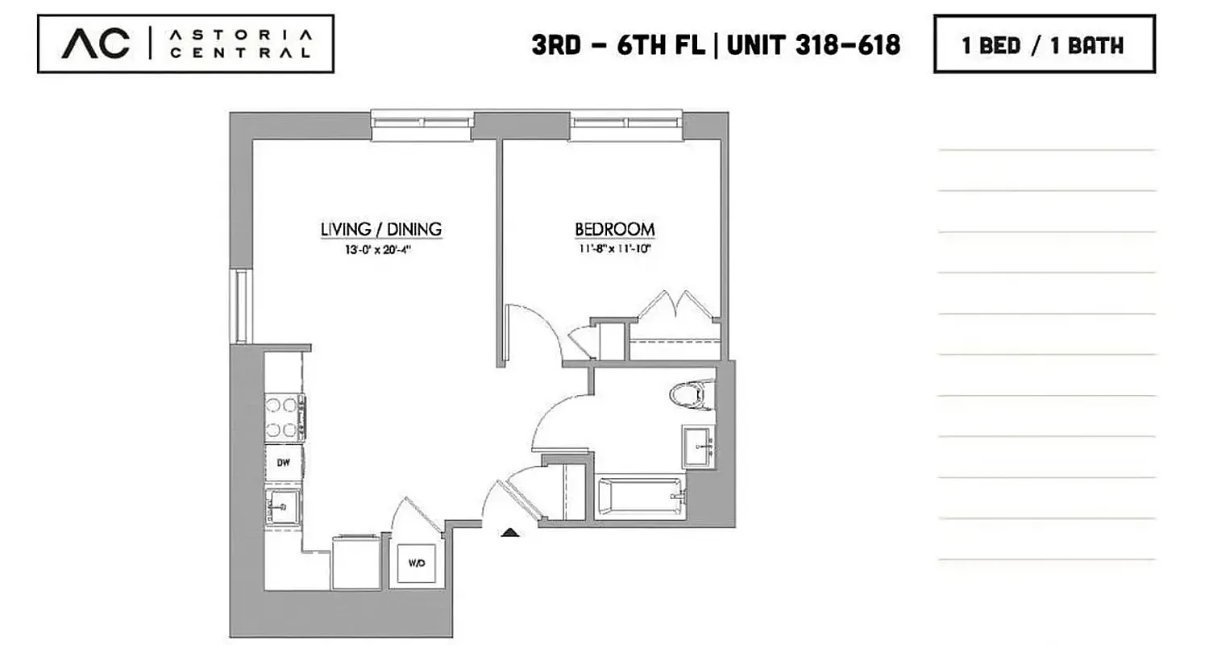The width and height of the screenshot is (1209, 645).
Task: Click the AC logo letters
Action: (x=95, y=44)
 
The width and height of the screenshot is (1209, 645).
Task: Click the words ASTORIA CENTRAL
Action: (x=240, y=44)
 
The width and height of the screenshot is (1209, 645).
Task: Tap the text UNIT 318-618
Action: (x=814, y=44)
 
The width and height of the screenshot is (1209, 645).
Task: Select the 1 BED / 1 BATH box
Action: (x=1044, y=44)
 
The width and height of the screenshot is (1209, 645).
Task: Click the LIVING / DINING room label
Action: (x=381, y=230)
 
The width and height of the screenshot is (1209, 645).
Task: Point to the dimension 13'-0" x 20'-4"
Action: (x=381, y=250)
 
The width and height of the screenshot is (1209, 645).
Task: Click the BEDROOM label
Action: (x=614, y=230)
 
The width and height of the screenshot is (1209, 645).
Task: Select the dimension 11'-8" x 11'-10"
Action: (x=614, y=250)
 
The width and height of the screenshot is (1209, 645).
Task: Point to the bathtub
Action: (x=641, y=496)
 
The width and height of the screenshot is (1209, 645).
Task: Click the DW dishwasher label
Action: (x=284, y=463)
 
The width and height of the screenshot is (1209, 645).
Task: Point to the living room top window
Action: (x=422, y=122)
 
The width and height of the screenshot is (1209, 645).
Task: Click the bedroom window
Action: (x=626, y=122)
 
